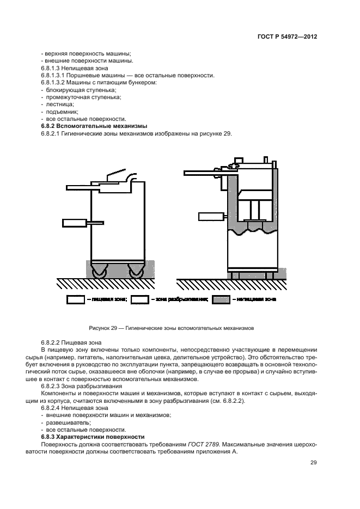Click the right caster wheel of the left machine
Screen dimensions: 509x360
click(x=135, y=271)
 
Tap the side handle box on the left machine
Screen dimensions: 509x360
click(x=75, y=222)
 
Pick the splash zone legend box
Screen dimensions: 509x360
click(x=140, y=299)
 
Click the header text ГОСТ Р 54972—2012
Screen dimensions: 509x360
click(x=288, y=38)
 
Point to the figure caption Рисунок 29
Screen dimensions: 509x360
click(x=172, y=328)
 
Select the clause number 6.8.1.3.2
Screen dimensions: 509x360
click(x=54, y=82)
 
